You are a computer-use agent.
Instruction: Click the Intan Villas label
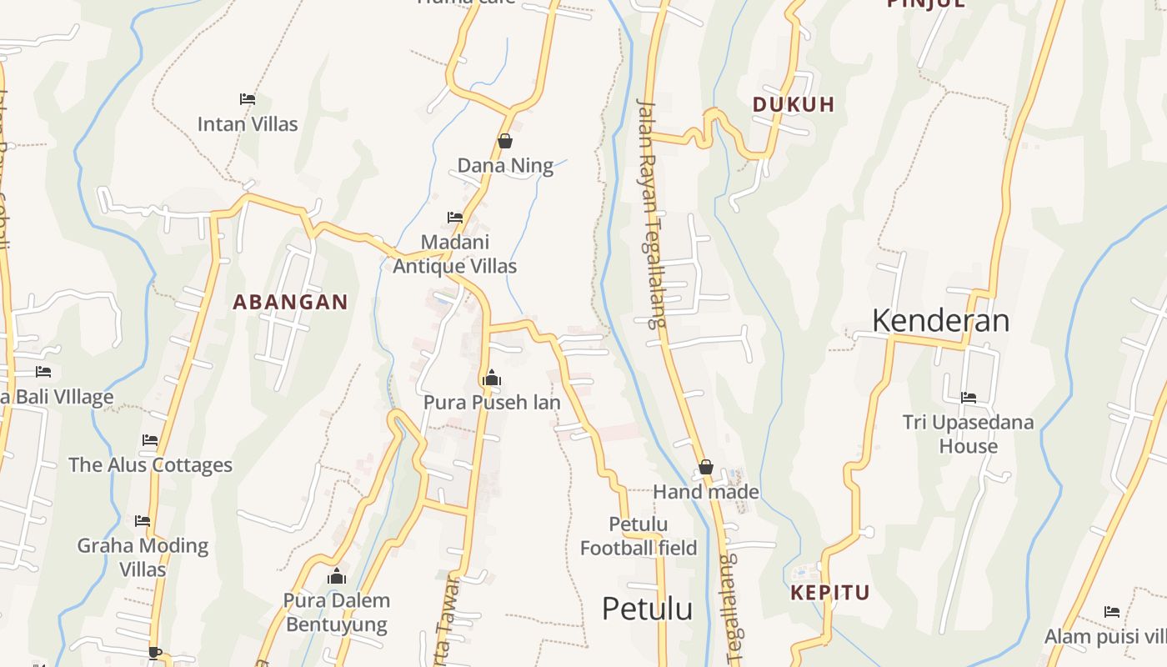pyautogui.click(x=248, y=124)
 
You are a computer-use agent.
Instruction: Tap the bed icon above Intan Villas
pyautogui.click(x=248, y=98)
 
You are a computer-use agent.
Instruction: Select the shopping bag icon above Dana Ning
pyautogui.click(x=505, y=141)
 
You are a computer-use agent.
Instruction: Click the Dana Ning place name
pyautogui.click(x=505, y=165)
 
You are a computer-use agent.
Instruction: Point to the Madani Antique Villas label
pyautogui.click(x=454, y=254)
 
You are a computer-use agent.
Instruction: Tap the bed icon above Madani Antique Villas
pyautogui.click(x=455, y=217)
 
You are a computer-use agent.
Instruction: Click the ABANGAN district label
pyautogui.click(x=290, y=302)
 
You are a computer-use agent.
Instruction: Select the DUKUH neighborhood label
pyautogui.click(x=794, y=104)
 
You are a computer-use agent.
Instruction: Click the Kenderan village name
pyautogui.click(x=940, y=320)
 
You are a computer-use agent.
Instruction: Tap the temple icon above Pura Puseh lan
pyautogui.click(x=492, y=378)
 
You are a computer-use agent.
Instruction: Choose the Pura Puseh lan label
pyautogui.click(x=492, y=402)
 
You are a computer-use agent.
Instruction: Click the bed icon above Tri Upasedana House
pyautogui.click(x=969, y=398)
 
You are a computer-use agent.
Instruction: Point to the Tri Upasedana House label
pyautogui.click(x=969, y=434)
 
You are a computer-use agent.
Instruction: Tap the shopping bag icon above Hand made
pyautogui.click(x=706, y=467)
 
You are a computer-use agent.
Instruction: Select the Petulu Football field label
pyautogui.click(x=639, y=536)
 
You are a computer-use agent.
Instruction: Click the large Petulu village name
pyautogui.click(x=647, y=609)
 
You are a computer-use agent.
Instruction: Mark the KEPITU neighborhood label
pyautogui.click(x=830, y=593)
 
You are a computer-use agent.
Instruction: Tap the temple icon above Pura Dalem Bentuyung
pyautogui.click(x=337, y=576)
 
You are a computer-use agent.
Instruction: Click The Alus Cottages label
pyautogui.click(x=150, y=464)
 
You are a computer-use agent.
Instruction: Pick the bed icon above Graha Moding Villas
pyautogui.click(x=143, y=521)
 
